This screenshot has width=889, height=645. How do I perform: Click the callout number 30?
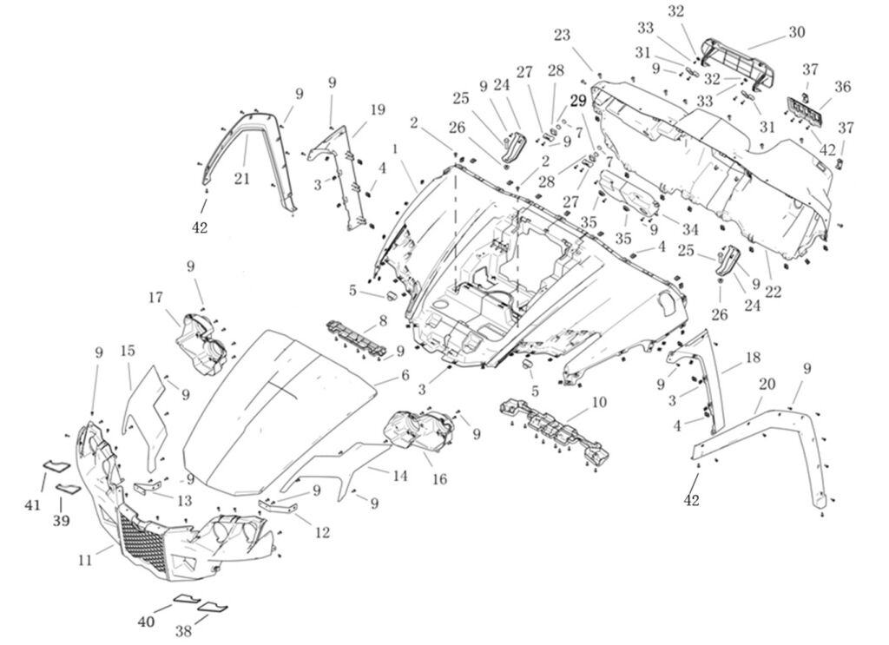coord(796,32)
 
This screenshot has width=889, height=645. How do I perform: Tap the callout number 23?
coord(562,36)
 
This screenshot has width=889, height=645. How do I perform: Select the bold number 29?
coord(578,101)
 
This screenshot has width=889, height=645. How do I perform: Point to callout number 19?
coord(377,110)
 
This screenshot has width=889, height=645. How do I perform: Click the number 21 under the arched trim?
coord(242,178)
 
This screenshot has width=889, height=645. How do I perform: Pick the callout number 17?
coord(155,298)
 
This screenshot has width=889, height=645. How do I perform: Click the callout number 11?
coord(84,560)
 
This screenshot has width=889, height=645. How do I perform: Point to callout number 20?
coord(767,383)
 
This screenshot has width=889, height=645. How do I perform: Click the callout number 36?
coord(842,87)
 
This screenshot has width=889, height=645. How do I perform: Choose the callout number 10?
coord(599,402)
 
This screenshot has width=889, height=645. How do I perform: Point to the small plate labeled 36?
coord(804,110)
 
